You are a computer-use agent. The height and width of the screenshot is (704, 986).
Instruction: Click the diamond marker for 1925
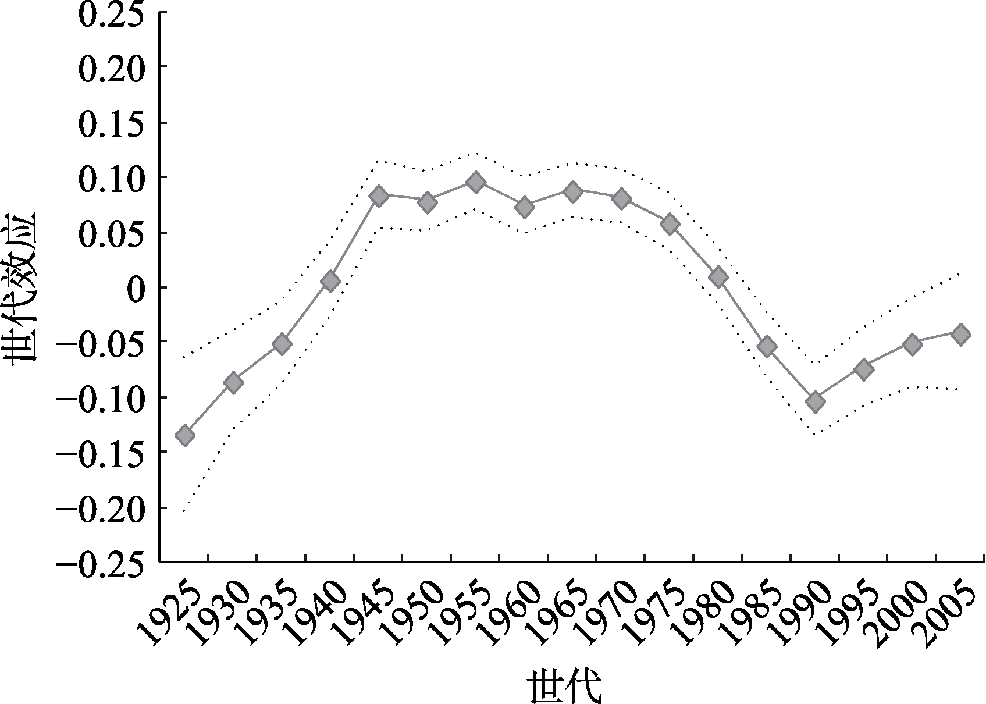tap(185, 435)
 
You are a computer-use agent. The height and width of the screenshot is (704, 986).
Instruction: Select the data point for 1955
tap(476, 182)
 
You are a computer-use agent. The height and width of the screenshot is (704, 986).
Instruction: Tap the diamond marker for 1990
tap(815, 401)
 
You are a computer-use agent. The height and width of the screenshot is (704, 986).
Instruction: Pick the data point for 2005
tap(960, 334)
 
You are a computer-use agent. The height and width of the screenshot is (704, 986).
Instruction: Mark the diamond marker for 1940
tap(330, 282)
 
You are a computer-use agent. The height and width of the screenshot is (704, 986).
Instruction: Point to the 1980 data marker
tap(718, 278)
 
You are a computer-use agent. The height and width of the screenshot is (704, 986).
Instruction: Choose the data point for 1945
tap(379, 195)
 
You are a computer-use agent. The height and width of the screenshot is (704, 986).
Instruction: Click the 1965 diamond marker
tap(573, 192)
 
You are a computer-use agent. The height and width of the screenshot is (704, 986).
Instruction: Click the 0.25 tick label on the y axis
tap(111, 15)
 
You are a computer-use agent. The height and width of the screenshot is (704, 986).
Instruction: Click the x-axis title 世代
tap(564, 687)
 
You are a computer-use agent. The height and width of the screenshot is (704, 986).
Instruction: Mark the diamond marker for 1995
tap(864, 369)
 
